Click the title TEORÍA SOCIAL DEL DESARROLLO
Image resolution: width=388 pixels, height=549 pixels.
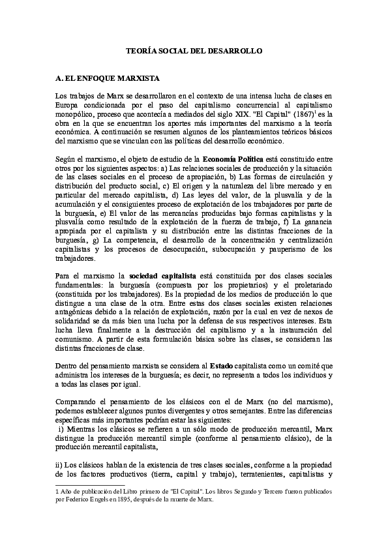pos(194,50)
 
